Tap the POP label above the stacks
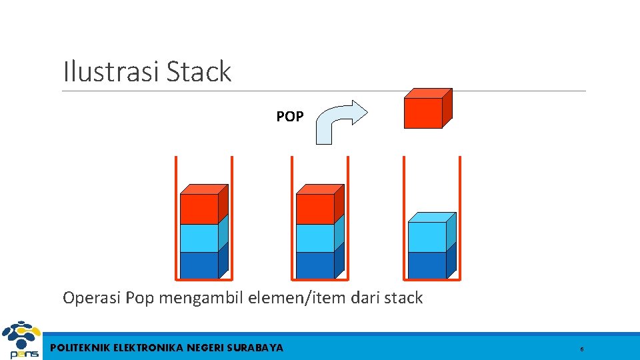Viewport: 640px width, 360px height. [290, 117]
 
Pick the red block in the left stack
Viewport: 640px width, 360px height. [200, 208]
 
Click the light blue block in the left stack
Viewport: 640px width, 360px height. [200, 238]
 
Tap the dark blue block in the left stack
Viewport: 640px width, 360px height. [200, 265]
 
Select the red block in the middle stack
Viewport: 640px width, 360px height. [316, 208]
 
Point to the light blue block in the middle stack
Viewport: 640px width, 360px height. [316, 238]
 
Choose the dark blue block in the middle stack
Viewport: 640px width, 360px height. [316, 265]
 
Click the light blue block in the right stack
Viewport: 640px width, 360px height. [428, 235]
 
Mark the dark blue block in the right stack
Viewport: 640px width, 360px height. [428, 265]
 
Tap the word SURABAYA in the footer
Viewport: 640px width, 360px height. [255, 347]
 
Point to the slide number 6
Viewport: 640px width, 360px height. [582, 349]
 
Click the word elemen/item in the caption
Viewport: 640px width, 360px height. [290, 298]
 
